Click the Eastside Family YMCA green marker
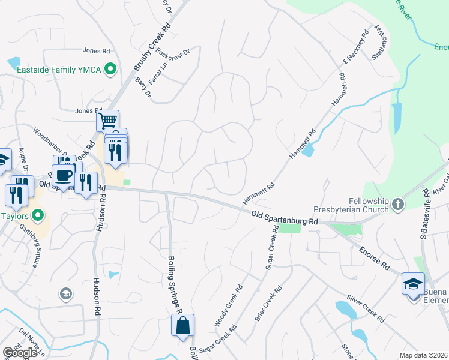coord(110,70)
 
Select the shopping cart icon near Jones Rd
coord(108,121)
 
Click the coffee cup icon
coord(63,176)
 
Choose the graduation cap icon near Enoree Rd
coord(413,283)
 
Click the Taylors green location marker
coord(38,214)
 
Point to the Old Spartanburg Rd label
coord(284,218)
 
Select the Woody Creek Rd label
coord(229,306)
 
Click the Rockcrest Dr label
coord(172,60)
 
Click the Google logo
coord(20,353)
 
